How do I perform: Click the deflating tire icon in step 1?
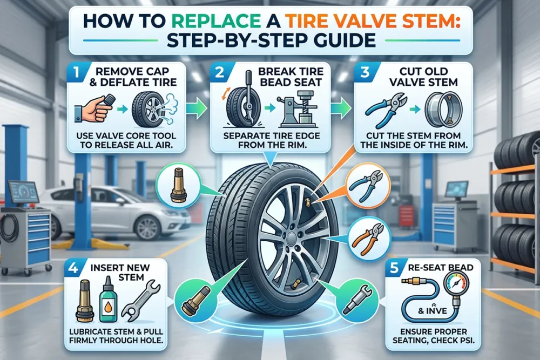(x=154, y=108)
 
